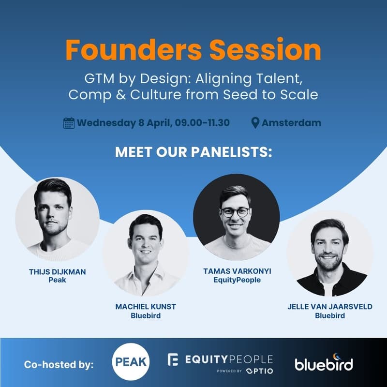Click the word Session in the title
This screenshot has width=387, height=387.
point(261,50)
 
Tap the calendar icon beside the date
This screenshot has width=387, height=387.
point(69,123)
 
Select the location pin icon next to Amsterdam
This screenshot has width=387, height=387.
point(255,123)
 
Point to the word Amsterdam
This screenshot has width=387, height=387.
point(291,123)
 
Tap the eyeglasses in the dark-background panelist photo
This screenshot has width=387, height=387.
point(235,212)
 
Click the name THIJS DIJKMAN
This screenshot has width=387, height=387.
point(58,271)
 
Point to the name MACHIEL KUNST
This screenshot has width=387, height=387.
point(146,307)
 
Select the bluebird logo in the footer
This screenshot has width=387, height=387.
point(324,363)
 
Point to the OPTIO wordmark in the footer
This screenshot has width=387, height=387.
point(259,371)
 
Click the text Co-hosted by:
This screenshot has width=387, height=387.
point(59,364)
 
